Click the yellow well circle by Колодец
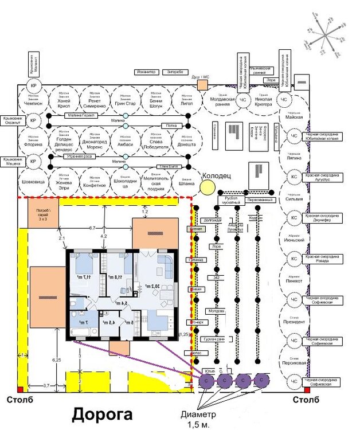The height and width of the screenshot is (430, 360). coord(206,187)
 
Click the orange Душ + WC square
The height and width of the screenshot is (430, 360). coord(202,85)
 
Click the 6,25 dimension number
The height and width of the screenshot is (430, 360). coord(56,359)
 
